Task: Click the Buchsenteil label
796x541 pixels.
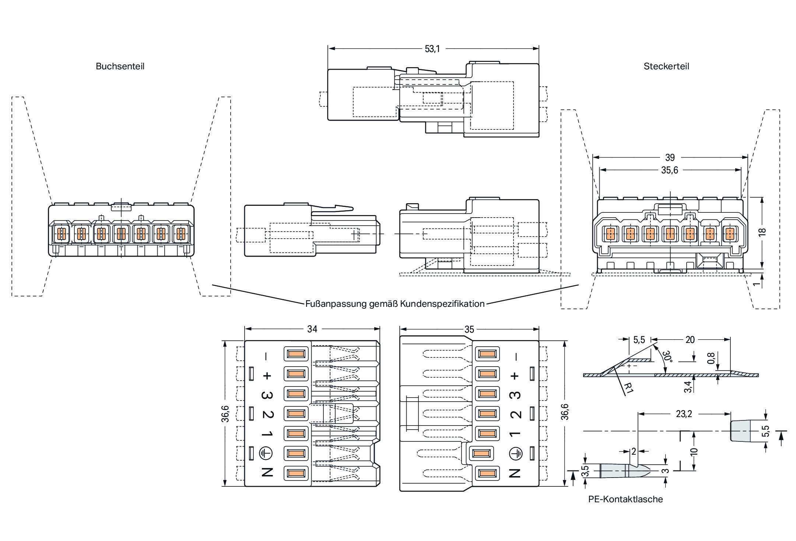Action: pos(120,66)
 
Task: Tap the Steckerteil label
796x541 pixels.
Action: pos(666,66)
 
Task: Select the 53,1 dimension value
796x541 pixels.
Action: pos(432,49)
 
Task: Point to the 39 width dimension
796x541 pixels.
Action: pos(670,158)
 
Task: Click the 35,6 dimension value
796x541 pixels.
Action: pos(669,170)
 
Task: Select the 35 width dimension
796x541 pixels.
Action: pos(469,330)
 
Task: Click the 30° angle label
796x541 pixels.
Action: pos(666,357)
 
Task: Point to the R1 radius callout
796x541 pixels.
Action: pos(629,387)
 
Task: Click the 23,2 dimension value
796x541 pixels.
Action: pos(684,414)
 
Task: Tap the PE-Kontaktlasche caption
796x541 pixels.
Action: pos(625,499)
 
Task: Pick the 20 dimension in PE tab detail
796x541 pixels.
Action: pos(690,340)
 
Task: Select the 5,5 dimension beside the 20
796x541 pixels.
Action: pos(639,340)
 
